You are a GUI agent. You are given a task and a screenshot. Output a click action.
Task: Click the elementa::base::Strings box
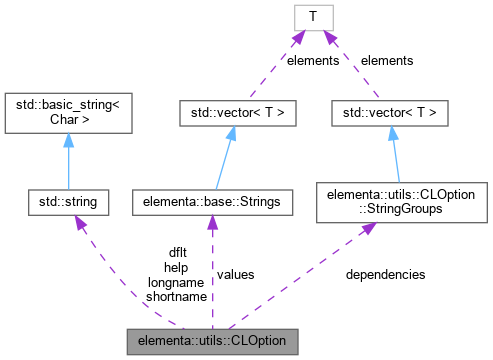212,203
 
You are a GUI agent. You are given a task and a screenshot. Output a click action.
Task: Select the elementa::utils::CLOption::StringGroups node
389,202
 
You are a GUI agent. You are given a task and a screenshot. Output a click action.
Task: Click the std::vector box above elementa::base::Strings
231,114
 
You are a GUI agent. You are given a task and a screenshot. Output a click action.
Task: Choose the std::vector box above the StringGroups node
389,114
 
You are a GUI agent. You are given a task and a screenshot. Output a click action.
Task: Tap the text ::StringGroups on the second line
389,210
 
